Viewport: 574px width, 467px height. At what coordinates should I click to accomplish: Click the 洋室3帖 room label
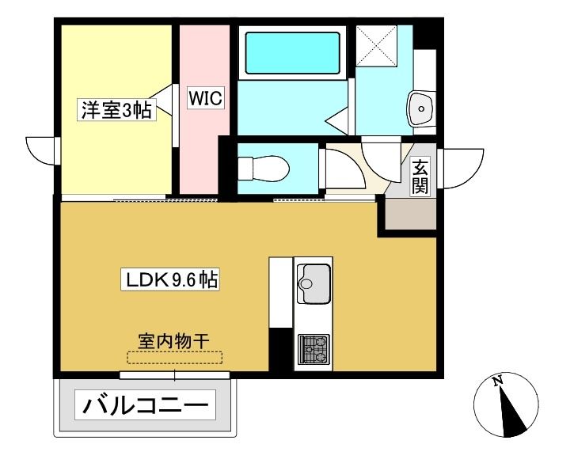coord(116,109)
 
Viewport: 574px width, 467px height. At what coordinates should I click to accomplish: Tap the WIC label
coord(205,97)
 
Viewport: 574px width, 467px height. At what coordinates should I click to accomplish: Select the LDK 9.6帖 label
coord(170,280)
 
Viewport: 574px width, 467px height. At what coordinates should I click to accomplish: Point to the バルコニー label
coord(146,404)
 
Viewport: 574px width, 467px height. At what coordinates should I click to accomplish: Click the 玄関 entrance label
coord(420,177)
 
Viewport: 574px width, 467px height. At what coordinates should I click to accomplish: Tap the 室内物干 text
coord(174,341)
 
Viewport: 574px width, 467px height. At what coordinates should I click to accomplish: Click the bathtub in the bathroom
coord(292,53)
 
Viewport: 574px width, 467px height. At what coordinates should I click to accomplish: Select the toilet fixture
coord(263,169)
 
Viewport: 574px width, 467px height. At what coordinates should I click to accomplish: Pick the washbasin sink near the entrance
coord(421,108)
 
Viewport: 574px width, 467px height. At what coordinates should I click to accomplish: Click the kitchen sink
coord(314,284)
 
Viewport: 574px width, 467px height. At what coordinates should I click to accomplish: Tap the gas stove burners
coord(314,350)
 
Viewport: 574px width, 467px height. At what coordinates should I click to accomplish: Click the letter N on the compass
coord(496,382)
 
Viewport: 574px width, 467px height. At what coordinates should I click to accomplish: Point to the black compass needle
coord(511,413)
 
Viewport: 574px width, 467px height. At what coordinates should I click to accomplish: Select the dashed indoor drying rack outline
coord(175,358)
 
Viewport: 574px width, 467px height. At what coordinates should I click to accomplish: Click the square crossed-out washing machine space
coord(376,46)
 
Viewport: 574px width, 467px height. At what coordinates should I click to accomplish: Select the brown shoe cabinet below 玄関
coord(411,214)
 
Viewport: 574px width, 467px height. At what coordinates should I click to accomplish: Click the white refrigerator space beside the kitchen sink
coord(281,292)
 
